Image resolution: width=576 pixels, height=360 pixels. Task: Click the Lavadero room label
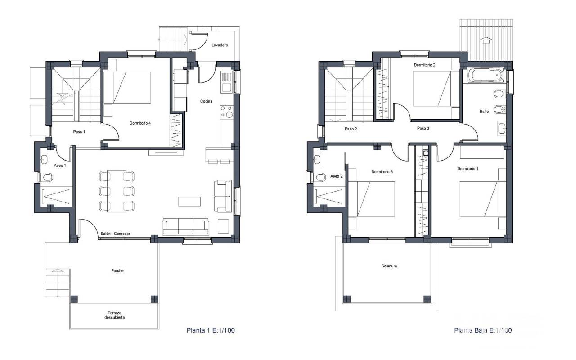[x=220, y=45]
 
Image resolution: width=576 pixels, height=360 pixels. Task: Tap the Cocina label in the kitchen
[x=206, y=101]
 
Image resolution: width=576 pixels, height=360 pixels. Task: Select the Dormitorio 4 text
[x=140, y=123]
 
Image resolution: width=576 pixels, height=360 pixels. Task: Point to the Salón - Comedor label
[x=115, y=234]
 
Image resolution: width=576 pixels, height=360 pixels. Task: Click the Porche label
[x=117, y=270]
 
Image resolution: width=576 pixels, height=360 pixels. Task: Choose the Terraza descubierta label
[x=114, y=315]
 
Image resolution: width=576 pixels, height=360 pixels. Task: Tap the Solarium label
[x=389, y=266]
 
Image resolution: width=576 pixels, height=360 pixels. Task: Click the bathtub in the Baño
[x=486, y=75]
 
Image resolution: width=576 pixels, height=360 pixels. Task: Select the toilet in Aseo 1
[x=48, y=177]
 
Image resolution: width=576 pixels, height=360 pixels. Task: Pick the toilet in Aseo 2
[x=319, y=177]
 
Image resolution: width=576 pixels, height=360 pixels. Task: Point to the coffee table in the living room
[x=189, y=201]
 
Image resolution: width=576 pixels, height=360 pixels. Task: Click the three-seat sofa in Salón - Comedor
[x=185, y=226]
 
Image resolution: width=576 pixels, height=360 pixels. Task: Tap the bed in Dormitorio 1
[x=483, y=199]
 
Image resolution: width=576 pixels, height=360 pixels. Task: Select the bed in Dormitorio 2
[x=432, y=89]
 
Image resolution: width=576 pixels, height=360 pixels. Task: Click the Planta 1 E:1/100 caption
[x=211, y=330]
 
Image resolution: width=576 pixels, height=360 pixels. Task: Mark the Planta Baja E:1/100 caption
[x=483, y=330]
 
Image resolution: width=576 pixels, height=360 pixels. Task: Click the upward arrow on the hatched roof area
[x=486, y=40]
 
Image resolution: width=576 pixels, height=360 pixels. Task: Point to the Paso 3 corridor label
[x=423, y=128]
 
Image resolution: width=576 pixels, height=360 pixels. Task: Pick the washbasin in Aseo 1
[x=44, y=159]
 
